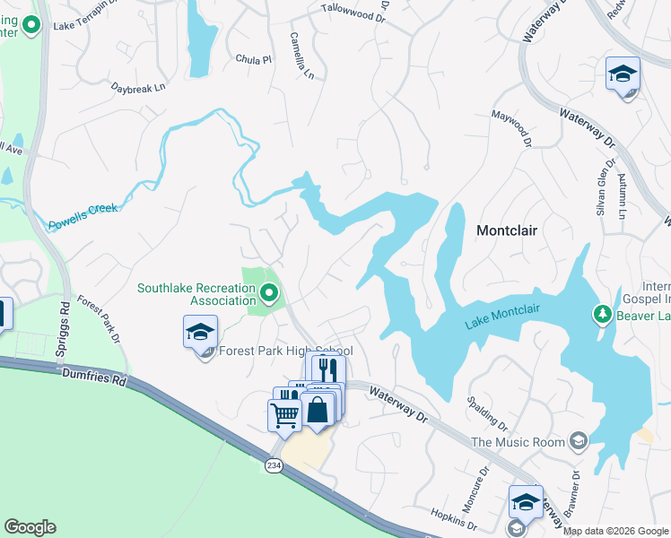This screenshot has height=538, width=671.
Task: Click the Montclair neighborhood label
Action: [506, 230]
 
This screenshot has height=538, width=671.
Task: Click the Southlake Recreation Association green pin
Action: [268, 292]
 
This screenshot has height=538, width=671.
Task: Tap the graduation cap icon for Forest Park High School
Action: [200, 333]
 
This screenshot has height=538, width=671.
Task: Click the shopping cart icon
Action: [284, 414]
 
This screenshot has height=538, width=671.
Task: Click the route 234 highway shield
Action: [274, 465]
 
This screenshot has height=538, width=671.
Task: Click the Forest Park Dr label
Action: [98, 320]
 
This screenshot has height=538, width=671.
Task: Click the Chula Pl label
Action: [253, 59]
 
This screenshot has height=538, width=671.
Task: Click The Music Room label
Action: [518, 442]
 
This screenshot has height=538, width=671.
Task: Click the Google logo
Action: [30, 527]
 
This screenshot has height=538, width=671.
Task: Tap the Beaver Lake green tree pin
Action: [602, 314]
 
